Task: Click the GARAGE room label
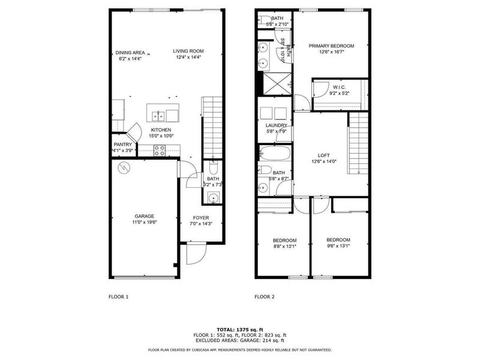[x=144, y=216]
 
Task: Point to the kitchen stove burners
[x=160, y=151]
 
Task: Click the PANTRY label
[x=122, y=145]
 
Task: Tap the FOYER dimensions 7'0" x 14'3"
[x=200, y=224]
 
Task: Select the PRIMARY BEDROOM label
[x=331, y=46]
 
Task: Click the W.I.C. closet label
[x=340, y=88]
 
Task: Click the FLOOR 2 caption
[x=265, y=296]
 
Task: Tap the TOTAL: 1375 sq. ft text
[x=239, y=329]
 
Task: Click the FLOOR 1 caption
[x=118, y=296]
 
